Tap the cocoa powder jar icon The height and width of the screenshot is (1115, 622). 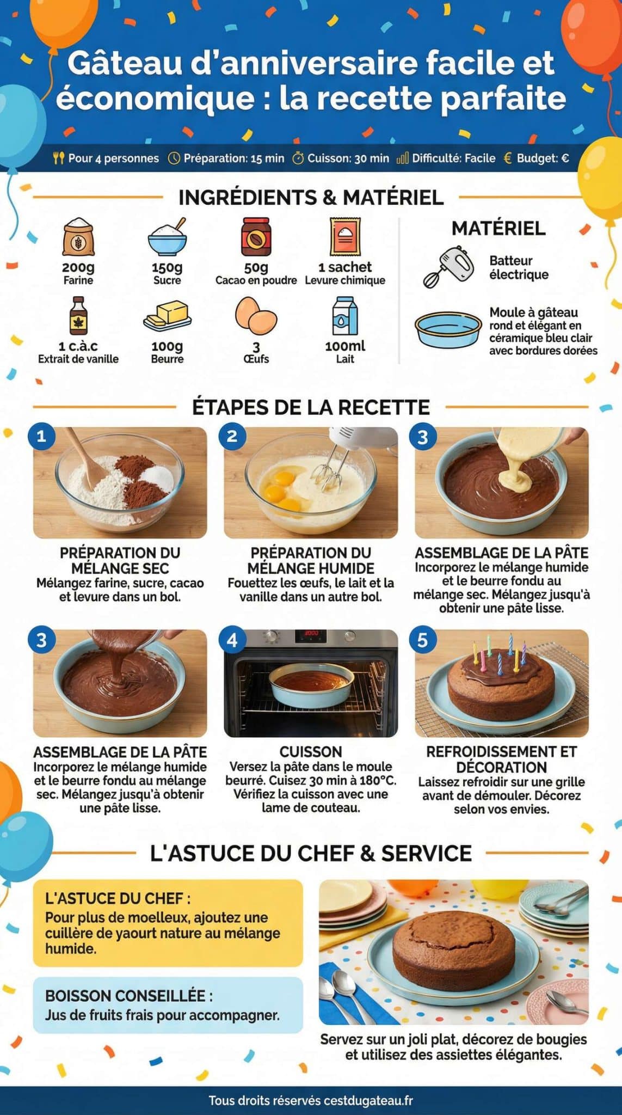(256, 237)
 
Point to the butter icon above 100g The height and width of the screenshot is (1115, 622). (167, 316)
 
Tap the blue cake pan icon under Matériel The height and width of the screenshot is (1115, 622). (447, 329)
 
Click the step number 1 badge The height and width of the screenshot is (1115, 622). (41, 436)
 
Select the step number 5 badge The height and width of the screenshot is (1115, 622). (423, 640)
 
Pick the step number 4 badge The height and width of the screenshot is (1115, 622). (232, 640)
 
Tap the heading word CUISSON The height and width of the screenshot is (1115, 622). (311, 752)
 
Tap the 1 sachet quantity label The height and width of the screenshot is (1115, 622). (345, 267)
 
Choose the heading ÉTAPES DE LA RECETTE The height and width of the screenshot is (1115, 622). (311, 407)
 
